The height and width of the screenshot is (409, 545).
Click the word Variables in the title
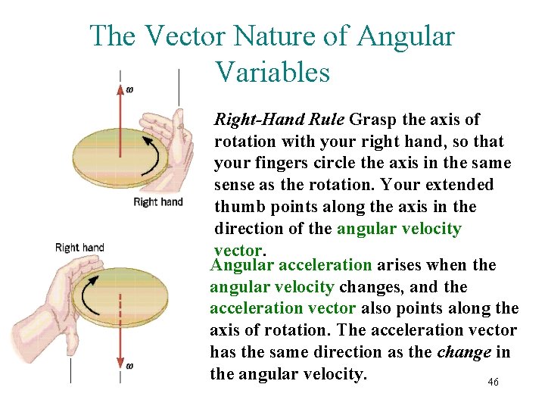point(272,72)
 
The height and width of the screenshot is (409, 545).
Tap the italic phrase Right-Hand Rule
point(280,120)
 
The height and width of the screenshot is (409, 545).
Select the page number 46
point(493,382)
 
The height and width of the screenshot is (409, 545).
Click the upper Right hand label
point(158,201)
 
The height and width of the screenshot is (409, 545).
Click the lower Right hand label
point(79,248)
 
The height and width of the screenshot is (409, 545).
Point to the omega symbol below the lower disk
point(129,366)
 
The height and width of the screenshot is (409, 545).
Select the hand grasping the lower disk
point(45,303)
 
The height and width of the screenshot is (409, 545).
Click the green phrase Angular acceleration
point(291,265)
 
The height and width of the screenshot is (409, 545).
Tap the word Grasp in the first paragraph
point(370,120)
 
